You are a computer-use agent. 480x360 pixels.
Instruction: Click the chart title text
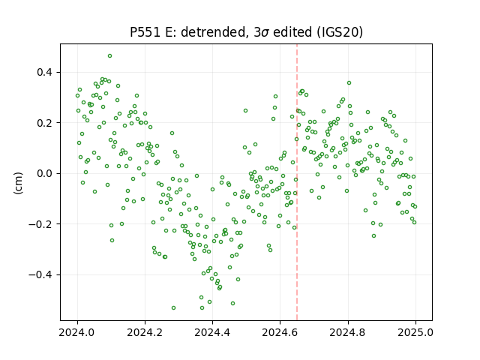[247, 32]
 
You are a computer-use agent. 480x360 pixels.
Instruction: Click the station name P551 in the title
[145, 32]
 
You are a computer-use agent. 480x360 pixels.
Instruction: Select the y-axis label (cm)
[18, 183]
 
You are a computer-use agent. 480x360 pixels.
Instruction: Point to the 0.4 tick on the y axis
[45, 73]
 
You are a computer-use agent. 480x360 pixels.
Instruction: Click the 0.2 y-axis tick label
[45, 123]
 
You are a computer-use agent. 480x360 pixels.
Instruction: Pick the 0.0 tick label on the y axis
[45, 173]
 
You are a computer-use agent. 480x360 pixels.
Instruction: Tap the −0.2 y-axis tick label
[40, 224]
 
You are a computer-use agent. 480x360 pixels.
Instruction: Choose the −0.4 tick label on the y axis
[40, 275]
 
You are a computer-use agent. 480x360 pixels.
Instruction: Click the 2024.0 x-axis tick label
[77, 332]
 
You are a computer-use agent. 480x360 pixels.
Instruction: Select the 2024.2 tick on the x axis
[145, 332]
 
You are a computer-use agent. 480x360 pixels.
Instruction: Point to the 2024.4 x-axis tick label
[212, 332]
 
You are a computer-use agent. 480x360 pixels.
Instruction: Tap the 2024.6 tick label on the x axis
[280, 332]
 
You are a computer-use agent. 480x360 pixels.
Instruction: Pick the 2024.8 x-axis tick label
[348, 332]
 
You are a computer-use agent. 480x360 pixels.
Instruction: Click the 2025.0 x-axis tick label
[415, 332]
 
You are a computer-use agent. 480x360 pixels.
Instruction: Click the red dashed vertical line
[297, 182]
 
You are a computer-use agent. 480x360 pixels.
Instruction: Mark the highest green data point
[109, 56]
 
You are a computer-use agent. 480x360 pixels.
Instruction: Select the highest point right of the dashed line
[349, 83]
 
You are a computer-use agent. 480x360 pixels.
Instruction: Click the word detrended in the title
[214, 32]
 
